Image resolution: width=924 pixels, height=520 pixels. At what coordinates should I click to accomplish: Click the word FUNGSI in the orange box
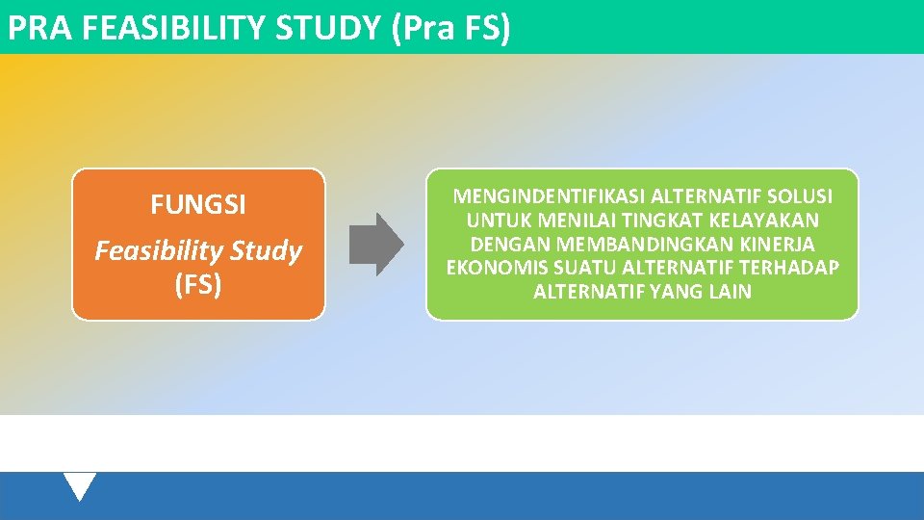pos(198,205)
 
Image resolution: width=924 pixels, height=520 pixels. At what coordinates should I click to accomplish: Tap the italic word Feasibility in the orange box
pos(157,251)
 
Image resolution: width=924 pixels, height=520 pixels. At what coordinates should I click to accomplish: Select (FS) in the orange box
pos(198,285)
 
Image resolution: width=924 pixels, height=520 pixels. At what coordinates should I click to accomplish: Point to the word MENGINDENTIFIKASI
pos(550,196)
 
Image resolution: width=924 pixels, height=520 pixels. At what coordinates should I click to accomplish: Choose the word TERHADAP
pos(789,267)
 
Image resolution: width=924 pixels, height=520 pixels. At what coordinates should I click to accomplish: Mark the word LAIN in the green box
pos(731,291)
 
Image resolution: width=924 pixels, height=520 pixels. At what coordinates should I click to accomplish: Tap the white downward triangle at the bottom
pos(81,484)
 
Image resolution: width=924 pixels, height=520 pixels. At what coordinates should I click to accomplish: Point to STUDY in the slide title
pos(329,28)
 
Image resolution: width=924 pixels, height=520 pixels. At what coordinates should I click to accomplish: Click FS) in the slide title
pos(486,28)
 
